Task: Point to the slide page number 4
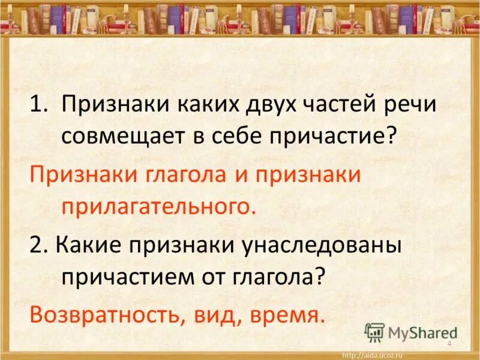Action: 449,342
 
